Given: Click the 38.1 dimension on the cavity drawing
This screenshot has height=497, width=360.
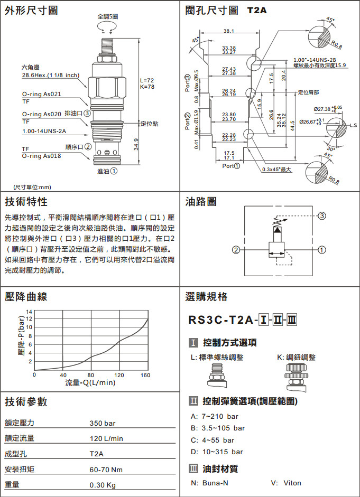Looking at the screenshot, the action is point(228,31).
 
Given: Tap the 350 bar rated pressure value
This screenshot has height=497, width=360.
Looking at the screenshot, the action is point(103,423).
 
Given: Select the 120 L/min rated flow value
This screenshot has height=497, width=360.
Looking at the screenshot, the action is point(106,439).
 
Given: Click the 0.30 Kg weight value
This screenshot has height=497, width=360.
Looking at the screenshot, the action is point(103,485).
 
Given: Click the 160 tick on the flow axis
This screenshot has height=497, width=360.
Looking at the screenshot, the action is point(145,376).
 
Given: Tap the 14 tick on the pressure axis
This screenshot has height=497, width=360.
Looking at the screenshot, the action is point(29,312).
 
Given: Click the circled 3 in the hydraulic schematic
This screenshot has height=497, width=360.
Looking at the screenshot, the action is point(321,216).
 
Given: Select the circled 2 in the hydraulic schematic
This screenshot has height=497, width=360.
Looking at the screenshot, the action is point(236,250).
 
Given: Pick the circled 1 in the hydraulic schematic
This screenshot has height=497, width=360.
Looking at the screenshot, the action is point(321,250).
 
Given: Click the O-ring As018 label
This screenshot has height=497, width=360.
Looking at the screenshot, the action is point(42,156).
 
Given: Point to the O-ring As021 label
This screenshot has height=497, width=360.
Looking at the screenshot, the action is point(42,94).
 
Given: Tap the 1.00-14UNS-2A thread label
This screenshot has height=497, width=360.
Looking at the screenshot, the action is point(44,131).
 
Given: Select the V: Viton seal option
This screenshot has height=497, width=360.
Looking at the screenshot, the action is point(286,483).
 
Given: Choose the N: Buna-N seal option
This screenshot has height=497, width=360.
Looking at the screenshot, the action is point(209,483).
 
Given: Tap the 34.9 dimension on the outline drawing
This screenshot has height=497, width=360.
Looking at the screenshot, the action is point(135,144).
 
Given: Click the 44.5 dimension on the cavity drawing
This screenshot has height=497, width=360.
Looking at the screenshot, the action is point(292,126).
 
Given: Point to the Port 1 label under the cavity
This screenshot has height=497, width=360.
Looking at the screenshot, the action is point(231,166).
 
